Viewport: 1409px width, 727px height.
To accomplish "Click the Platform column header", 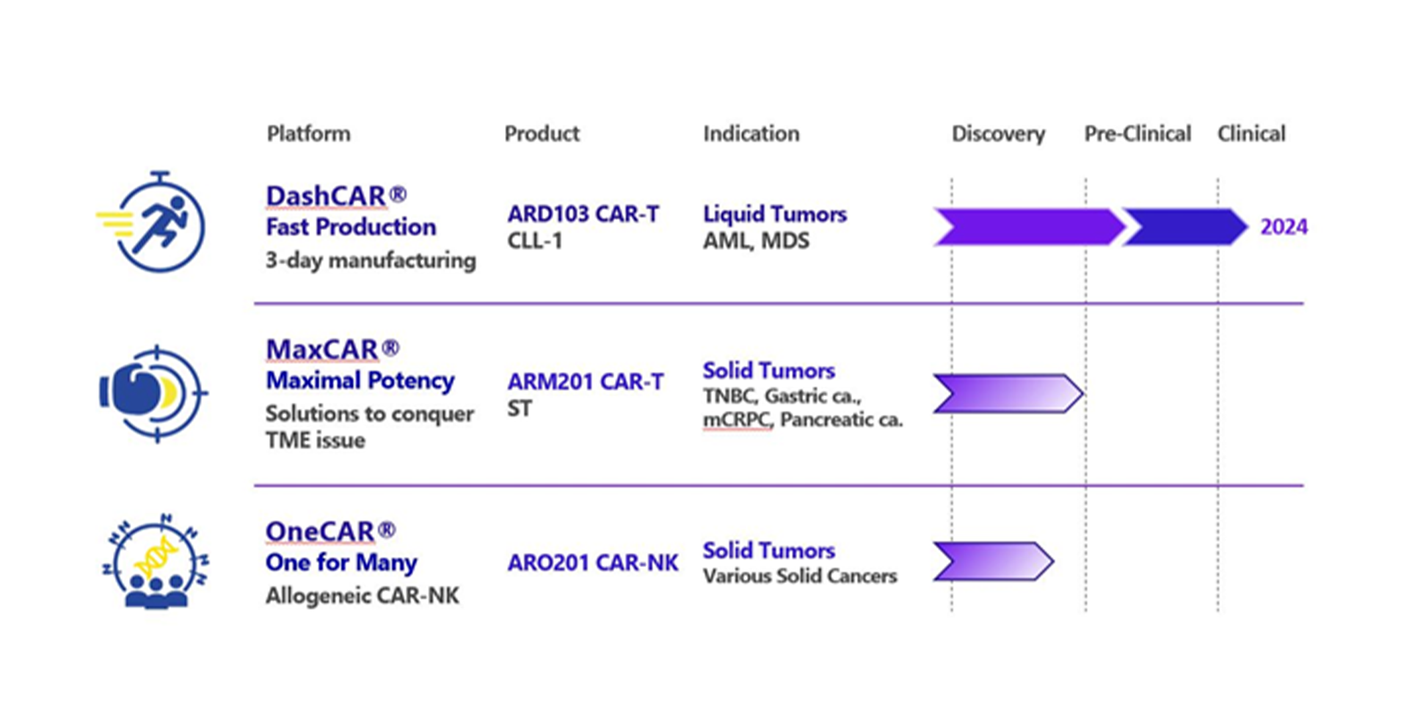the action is [x=308, y=134].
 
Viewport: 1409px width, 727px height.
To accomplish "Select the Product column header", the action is [x=542, y=134].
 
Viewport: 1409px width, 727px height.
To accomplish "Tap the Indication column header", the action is [x=751, y=134].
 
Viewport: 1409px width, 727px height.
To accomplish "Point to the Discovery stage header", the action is [x=998, y=134].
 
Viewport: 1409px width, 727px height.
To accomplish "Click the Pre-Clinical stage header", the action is [x=1137, y=134].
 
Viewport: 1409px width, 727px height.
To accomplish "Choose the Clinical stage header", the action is [x=1251, y=134].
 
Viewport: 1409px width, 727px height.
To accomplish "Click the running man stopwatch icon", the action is [x=152, y=222].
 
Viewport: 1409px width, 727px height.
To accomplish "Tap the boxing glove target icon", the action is [x=153, y=393].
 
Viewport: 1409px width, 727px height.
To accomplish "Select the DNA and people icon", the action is [x=156, y=561].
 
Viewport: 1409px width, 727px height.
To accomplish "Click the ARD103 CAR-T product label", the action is [x=583, y=213].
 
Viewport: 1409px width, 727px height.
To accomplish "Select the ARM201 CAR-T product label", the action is [x=586, y=381].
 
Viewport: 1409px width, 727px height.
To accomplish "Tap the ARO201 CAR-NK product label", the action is [x=593, y=563].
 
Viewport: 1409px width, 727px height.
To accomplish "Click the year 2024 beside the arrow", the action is [x=1284, y=227].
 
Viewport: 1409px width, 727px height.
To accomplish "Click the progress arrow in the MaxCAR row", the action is [x=1008, y=393].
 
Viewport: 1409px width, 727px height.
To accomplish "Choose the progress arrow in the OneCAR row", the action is [x=994, y=562].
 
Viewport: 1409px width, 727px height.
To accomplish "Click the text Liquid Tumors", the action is [x=775, y=213].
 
